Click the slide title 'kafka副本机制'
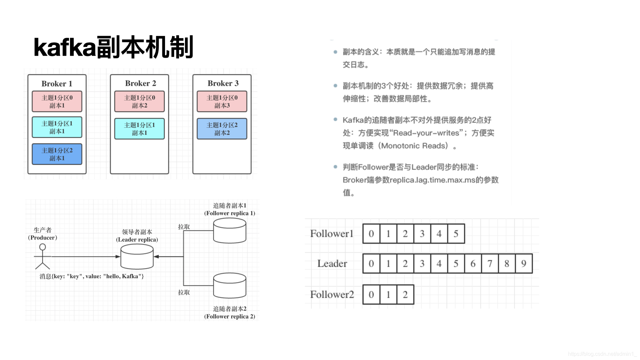tap(113, 47)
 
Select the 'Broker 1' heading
tap(57, 84)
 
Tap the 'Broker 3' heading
tap(223, 83)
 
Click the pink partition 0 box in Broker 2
tap(139, 101)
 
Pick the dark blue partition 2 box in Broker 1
tap(57, 154)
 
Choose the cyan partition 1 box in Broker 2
tap(139, 129)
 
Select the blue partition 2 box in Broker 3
tap(222, 129)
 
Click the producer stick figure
tap(42, 256)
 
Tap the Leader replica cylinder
tap(137, 257)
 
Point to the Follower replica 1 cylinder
tap(230, 231)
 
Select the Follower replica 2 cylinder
tap(230, 286)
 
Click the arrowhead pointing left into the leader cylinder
tap(156, 257)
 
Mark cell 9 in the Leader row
tap(524, 264)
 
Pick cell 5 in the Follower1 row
tap(456, 234)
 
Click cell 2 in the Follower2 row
tap(405, 295)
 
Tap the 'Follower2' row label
tap(332, 295)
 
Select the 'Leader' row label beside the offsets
tap(332, 264)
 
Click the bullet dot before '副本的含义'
tap(335, 52)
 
